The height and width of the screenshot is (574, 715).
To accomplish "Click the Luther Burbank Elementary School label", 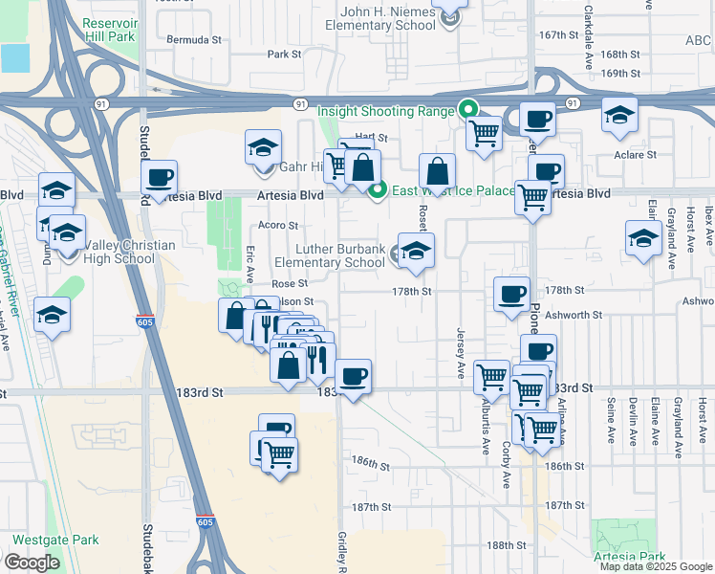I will (x=329, y=255).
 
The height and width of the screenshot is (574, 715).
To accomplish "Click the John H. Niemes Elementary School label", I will (x=392, y=18).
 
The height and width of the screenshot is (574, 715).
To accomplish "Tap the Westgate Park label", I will (x=55, y=541).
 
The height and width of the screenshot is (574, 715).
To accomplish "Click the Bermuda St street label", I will (x=194, y=41).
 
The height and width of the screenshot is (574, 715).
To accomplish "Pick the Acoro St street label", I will (x=279, y=226).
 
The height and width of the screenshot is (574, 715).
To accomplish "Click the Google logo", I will (x=32, y=563).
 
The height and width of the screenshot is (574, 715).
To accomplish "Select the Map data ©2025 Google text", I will (x=656, y=566).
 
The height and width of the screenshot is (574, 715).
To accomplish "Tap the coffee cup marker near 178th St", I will (x=512, y=292).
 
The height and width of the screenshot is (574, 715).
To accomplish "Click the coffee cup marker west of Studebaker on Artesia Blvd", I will (x=160, y=176).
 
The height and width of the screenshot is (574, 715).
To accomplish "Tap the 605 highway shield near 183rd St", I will (x=144, y=321).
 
